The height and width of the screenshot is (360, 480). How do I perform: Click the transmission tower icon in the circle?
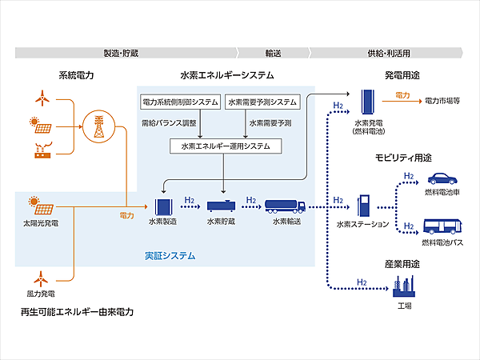tap(98, 126)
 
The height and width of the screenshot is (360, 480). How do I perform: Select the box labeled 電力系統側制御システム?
tap(180, 102)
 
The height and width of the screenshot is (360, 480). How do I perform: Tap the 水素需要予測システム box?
tap(262, 102)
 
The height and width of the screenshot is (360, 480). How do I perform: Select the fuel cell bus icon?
tap(442, 227)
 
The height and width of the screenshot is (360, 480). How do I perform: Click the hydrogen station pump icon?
tap(364, 204)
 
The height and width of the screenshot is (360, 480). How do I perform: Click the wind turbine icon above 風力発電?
tap(38, 279)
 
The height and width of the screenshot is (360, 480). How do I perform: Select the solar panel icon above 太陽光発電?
tap(36, 202)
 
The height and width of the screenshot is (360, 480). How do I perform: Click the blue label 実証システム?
tap(170, 256)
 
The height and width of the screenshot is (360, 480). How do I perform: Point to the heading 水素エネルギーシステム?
tap(227, 75)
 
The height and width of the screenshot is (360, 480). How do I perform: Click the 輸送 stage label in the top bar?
tap(273, 53)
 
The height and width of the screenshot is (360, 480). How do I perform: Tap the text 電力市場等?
tap(440, 102)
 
